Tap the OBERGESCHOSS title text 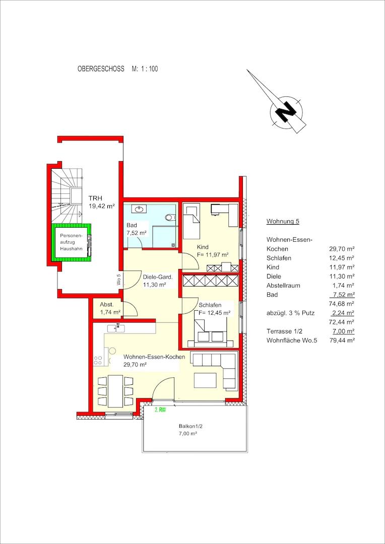[101, 69]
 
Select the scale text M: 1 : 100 [145, 69]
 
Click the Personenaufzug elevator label [71, 242]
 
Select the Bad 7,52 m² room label [136, 229]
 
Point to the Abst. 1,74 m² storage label [110, 308]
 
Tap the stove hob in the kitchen [98, 361]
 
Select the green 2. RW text [160, 410]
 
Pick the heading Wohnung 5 [283, 221]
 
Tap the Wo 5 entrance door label [118, 280]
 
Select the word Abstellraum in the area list [283, 286]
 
